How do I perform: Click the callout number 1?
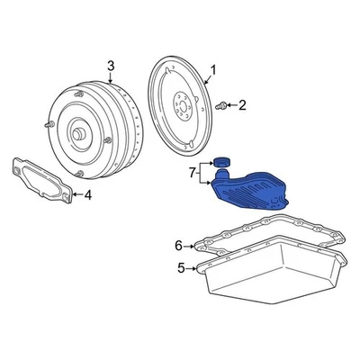pyautogui.click(x=213, y=68)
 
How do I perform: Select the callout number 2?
pyautogui.click(x=240, y=105)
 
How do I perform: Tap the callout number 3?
pyautogui.click(x=110, y=65)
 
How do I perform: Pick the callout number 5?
pyautogui.click(x=180, y=267)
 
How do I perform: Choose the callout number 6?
pyautogui.click(x=179, y=244)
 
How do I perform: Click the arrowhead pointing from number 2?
pyautogui.click(x=229, y=105)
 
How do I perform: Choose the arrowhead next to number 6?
pyautogui.click(x=195, y=244)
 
